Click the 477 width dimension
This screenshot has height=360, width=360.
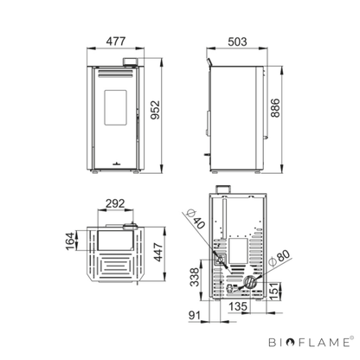116,42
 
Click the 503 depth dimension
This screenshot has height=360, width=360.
237,42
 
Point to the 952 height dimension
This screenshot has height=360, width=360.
155,110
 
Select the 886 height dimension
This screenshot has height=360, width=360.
275,108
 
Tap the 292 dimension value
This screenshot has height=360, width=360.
115,203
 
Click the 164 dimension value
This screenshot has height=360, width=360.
70,241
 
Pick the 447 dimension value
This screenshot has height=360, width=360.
158,253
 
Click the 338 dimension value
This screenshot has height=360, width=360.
195,277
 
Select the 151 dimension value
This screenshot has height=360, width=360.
275,291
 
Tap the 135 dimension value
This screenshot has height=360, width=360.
238,306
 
